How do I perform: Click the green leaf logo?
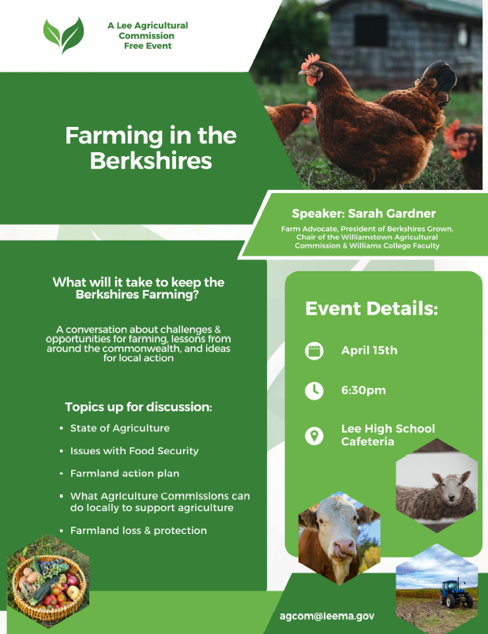pyautogui.click(x=63, y=34)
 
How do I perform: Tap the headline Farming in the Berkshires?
pyautogui.click(x=151, y=147)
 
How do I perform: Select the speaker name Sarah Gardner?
pyautogui.click(x=363, y=214)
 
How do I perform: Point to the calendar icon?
pyautogui.click(x=314, y=351)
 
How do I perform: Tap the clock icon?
pyautogui.click(x=314, y=390)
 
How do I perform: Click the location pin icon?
pyautogui.click(x=314, y=435)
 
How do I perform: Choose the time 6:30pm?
pyautogui.click(x=363, y=390)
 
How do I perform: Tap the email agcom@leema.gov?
pyautogui.click(x=327, y=616)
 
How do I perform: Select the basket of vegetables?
pyautogui.click(x=47, y=581)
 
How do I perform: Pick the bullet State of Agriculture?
pyautogui.click(x=119, y=428)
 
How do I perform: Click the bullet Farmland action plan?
pyautogui.click(x=124, y=474)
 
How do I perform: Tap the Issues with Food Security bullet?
pyautogui.click(x=133, y=451)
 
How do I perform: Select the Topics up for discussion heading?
pyautogui.click(x=138, y=408)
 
